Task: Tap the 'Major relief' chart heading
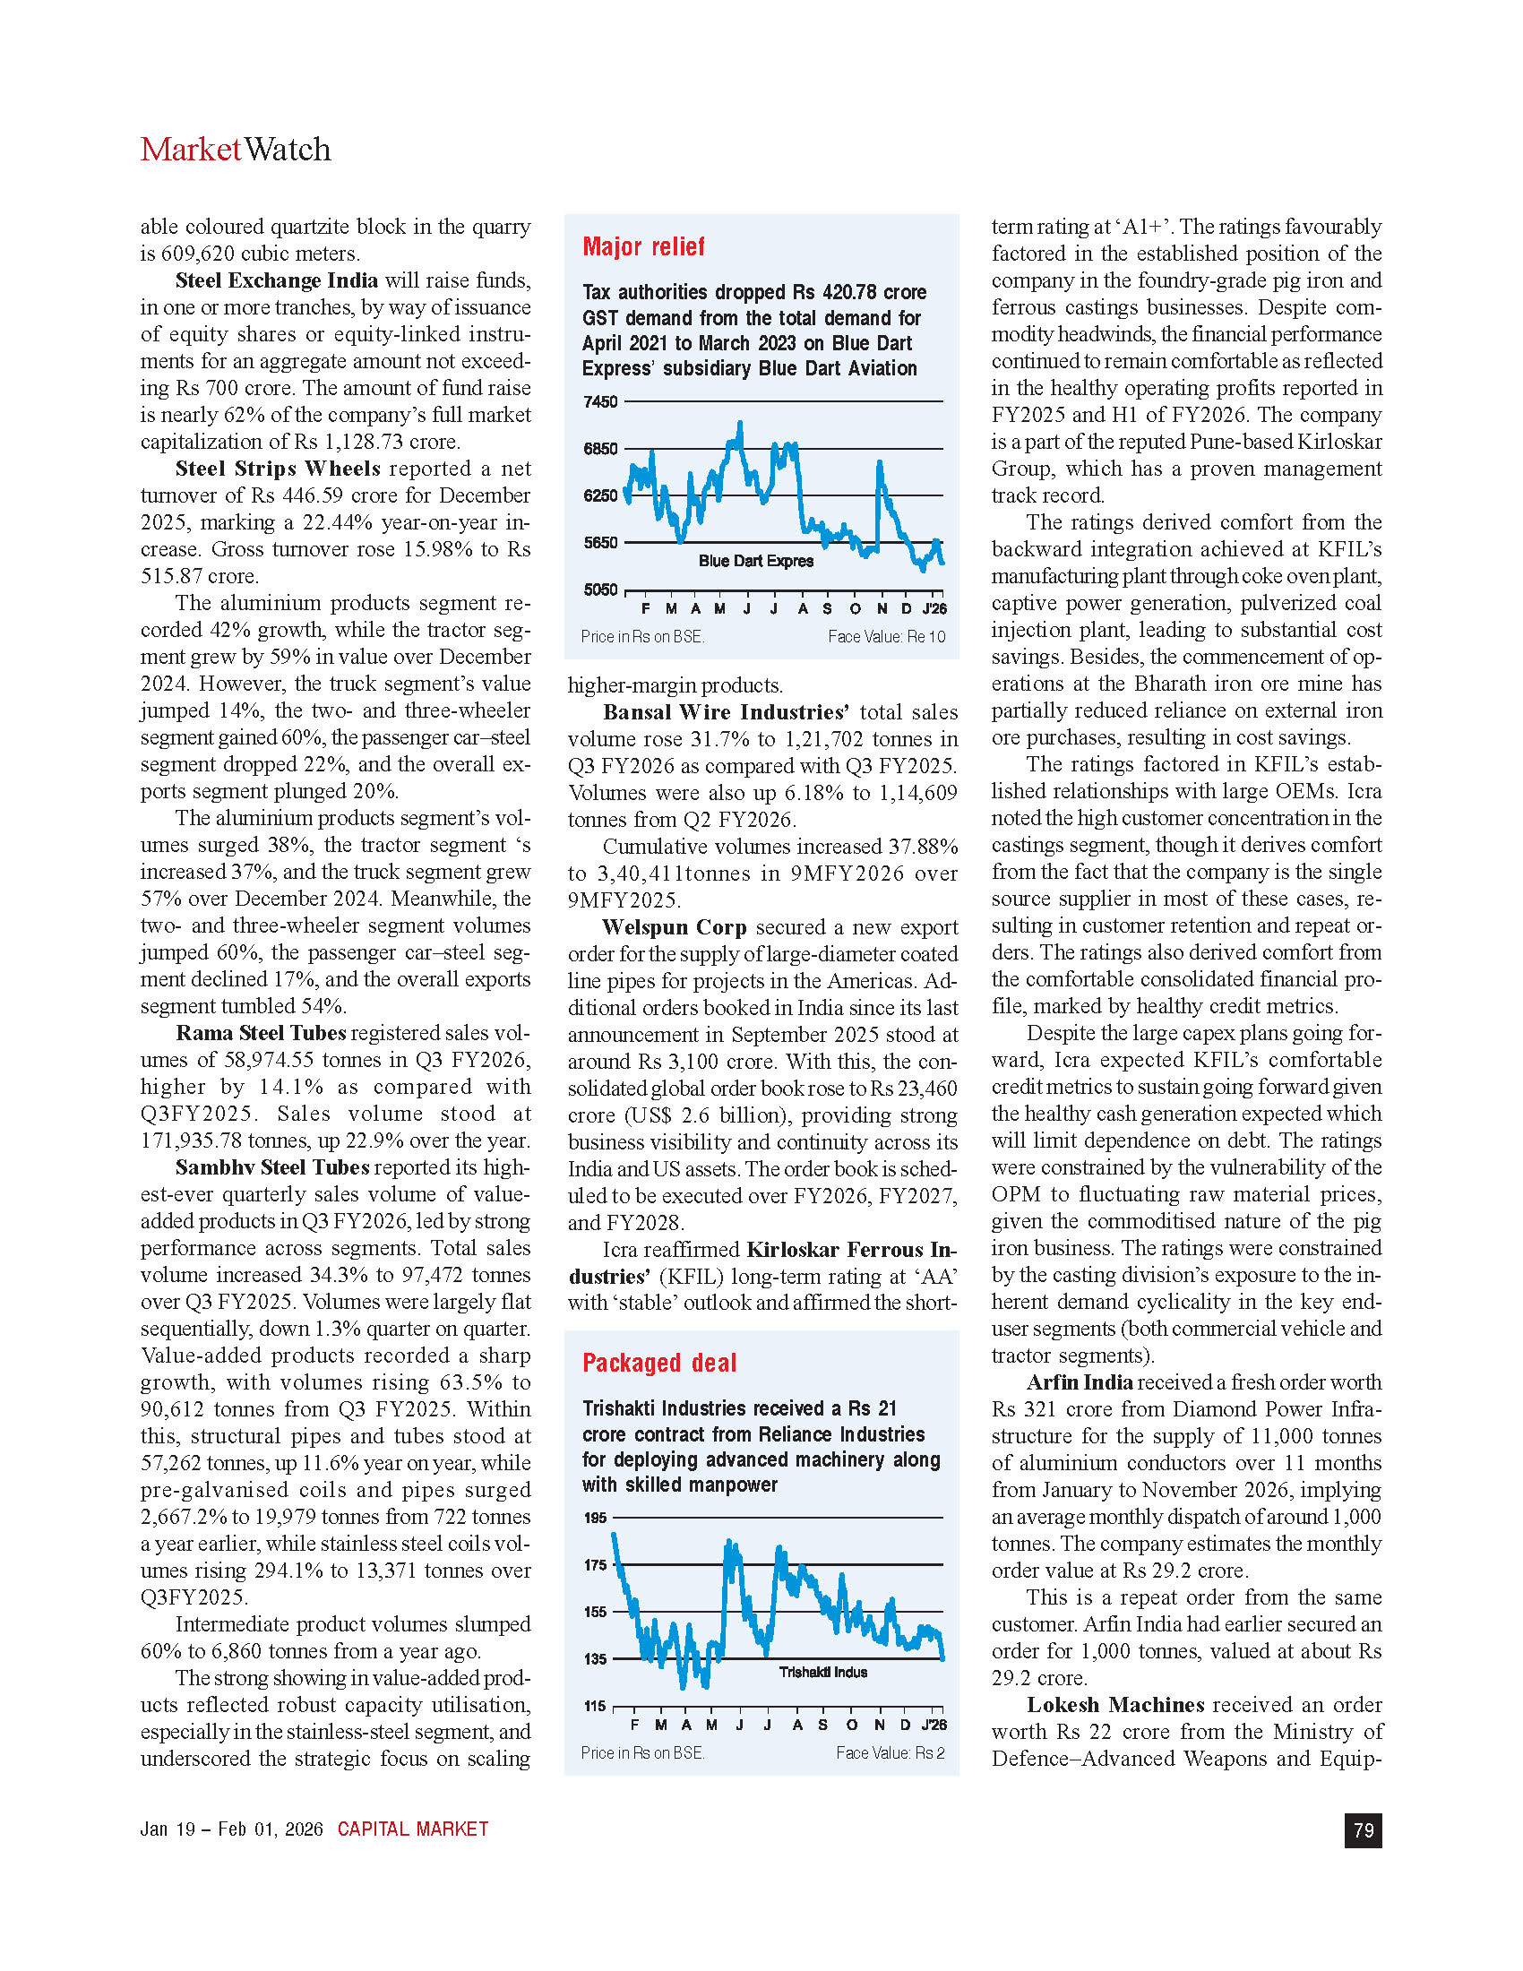point(643,246)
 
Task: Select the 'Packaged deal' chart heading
point(658,1363)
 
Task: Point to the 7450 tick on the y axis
point(601,401)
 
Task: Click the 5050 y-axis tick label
point(601,590)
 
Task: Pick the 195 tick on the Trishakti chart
point(596,1518)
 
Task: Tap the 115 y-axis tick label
point(596,1706)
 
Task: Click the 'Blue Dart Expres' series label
point(756,562)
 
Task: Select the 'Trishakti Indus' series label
point(822,1673)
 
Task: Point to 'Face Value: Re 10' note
point(886,637)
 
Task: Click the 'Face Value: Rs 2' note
point(890,1752)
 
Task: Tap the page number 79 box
point(1364,1830)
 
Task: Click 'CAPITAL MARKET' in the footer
point(412,1829)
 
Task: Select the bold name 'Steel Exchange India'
point(276,280)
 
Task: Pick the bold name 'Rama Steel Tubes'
point(261,1032)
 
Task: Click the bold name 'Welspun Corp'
point(674,927)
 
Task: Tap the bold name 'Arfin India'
point(1080,1381)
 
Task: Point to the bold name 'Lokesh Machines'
point(1115,1705)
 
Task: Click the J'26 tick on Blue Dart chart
point(934,609)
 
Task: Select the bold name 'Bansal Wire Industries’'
point(727,712)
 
